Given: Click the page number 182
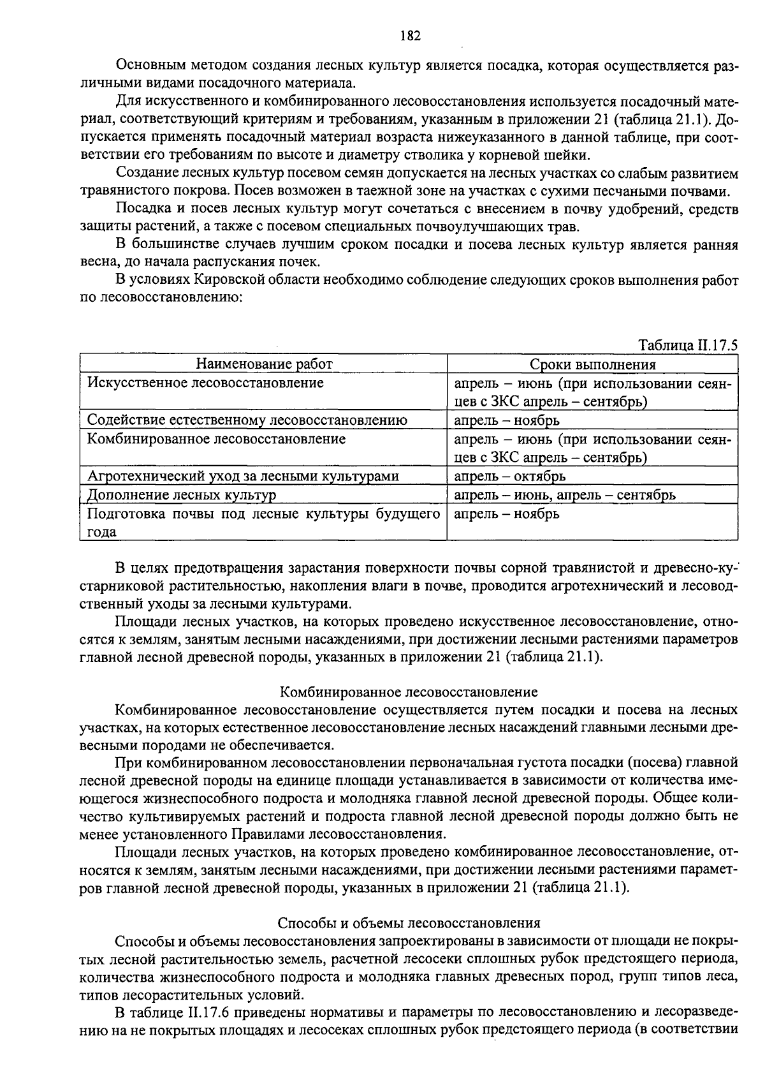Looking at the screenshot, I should click(x=410, y=36).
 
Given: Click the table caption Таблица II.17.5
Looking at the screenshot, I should click(x=688, y=345).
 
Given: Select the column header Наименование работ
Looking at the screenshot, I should click(x=264, y=364).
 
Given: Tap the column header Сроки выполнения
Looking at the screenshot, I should click(x=593, y=364).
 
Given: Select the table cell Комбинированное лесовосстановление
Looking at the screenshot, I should click(x=216, y=439).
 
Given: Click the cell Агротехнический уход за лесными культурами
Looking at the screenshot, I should click(x=243, y=476).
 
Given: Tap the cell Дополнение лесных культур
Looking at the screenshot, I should click(x=182, y=494).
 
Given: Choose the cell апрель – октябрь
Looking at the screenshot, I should click(x=509, y=476).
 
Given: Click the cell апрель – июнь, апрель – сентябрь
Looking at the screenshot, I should click(x=565, y=494).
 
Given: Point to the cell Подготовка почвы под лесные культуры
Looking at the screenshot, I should click(x=263, y=514).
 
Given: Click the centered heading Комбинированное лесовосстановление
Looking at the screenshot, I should click(x=409, y=692).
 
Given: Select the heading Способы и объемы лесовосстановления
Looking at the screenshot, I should click(x=409, y=923).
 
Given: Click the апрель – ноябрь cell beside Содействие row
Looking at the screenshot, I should click(x=507, y=420).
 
